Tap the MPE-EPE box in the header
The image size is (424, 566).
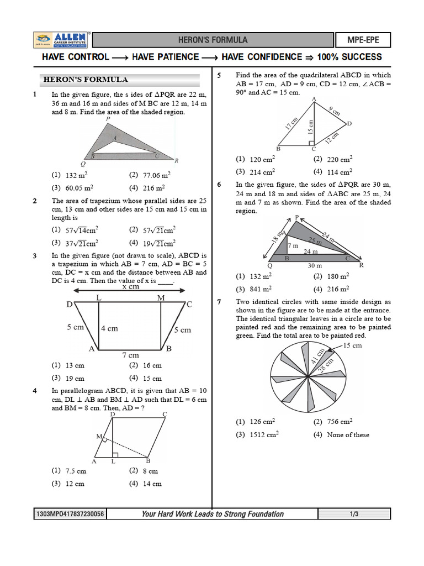(x=363, y=40)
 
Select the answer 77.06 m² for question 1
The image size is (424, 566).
(x=150, y=175)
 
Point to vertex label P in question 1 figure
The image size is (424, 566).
(x=108, y=119)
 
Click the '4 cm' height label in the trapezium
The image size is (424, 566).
(x=109, y=328)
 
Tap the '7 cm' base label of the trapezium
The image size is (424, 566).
(x=130, y=355)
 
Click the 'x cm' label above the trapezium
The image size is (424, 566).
(x=131, y=287)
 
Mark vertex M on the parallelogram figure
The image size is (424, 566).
(x=99, y=437)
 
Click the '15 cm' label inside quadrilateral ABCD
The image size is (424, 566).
(x=311, y=127)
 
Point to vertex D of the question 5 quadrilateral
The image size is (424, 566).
(x=349, y=123)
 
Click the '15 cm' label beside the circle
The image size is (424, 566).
(x=352, y=345)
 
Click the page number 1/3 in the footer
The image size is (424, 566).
(x=354, y=515)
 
